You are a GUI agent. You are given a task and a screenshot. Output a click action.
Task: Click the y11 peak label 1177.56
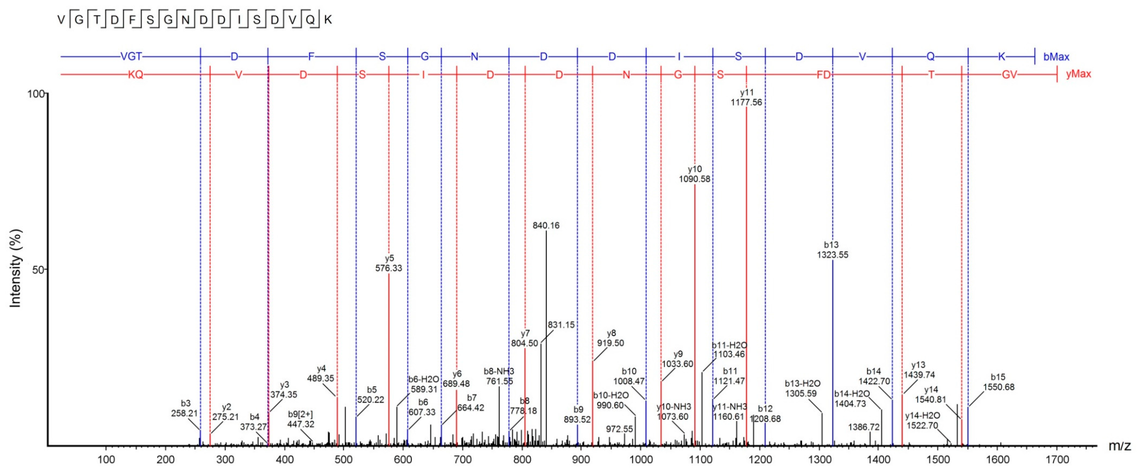[746, 98]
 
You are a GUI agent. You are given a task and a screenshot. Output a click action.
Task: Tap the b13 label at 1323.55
[832, 250]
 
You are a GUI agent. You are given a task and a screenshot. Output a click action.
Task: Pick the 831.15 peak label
[561, 325]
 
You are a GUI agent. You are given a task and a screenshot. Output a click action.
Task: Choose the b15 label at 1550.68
[998, 382]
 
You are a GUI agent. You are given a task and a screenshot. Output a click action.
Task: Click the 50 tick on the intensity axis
[38, 270]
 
